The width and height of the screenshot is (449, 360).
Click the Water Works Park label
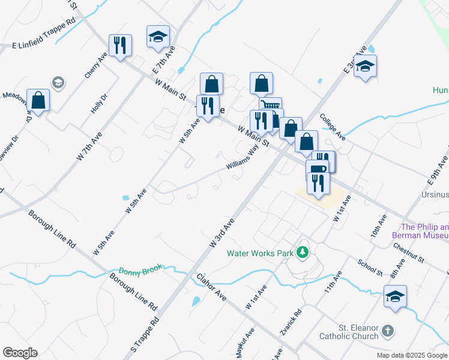click(x=259, y=253)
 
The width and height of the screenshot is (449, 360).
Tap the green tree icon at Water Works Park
click(x=304, y=253)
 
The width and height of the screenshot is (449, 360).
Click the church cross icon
click(x=388, y=331)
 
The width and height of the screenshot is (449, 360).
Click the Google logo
click(x=20, y=353)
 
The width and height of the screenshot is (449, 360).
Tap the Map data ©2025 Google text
click(x=412, y=355)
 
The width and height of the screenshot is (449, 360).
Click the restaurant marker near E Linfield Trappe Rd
click(x=120, y=45)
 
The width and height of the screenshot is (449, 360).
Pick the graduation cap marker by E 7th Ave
click(x=158, y=37)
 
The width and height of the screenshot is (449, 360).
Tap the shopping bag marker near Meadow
click(x=38, y=100)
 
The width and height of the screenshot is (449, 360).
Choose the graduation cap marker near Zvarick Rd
click(x=395, y=297)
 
